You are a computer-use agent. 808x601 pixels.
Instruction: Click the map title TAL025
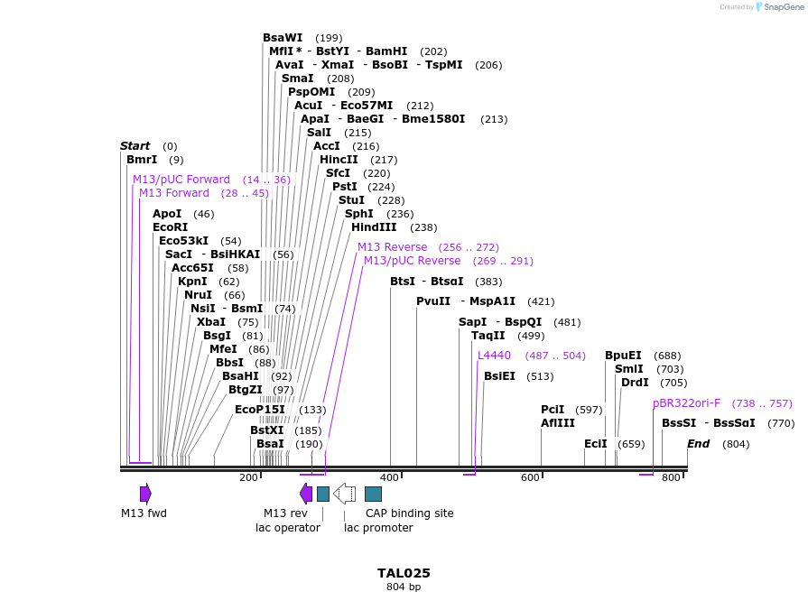click(x=404, y=573)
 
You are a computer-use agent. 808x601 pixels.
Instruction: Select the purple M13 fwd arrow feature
click(x=145, y=494)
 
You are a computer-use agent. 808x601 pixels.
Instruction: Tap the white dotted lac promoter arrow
click(x=344, y=494)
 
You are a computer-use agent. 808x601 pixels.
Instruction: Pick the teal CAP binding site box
click(x=373, y=494)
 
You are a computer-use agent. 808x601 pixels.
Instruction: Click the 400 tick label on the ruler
click(x=390, y=477)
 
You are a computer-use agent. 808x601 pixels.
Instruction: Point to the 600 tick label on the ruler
click(x=530, y=477)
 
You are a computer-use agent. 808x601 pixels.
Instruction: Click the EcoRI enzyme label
click(x=170, y=227)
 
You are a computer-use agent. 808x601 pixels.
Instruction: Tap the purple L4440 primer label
click(x=494, y=356)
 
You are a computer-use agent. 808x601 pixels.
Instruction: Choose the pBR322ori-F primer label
click(x=686, y=403)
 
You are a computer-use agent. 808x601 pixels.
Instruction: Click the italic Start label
click(x=135, y=146)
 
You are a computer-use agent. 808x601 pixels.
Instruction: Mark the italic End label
click(x=698, y=444)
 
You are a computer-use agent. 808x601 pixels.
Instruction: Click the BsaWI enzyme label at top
click(x=283, y=38)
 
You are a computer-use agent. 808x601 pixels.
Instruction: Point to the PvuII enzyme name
click(x=433, y=301)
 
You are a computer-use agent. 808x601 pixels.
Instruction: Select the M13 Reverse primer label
click(x=392, y=247)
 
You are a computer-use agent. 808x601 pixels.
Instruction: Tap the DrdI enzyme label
click(x=635, y=383)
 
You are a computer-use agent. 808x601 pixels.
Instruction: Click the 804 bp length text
click(x=404, y=587)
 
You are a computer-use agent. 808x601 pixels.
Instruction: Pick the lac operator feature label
click(x=288, y=528)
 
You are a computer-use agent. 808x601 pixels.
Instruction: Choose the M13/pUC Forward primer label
click(x=181, y=180)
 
